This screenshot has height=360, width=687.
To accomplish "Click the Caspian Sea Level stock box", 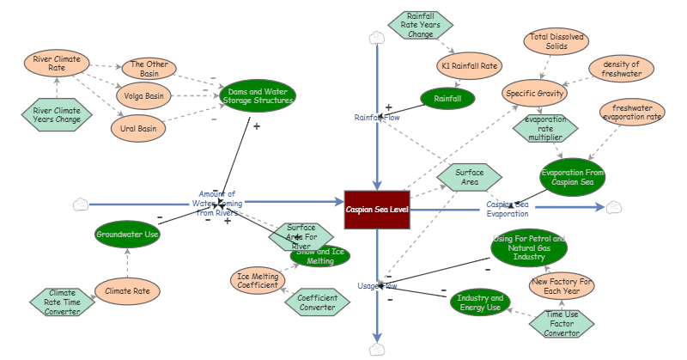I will pos(377,210).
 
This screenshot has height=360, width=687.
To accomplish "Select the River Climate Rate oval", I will pos(56,64).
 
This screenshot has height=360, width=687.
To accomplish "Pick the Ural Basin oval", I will pos(138,129).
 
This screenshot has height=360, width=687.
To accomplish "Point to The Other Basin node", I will pos(149,69).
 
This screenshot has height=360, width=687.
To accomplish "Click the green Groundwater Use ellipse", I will pos(127,235).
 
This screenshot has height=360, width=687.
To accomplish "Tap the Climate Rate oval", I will pos(127,291).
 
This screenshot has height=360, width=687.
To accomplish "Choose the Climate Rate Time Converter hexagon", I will pos(62,302).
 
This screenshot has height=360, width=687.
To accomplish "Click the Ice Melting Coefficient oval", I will pos(258,281).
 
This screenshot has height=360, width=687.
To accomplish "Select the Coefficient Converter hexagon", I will pos(318,302).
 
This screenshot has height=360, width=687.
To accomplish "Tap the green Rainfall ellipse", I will pos(447,100).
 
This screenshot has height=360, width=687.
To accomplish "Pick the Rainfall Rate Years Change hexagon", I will pos(421,25).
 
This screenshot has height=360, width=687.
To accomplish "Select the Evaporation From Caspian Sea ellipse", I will pos(573,177).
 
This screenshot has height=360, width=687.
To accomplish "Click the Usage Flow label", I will pos(377,285).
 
